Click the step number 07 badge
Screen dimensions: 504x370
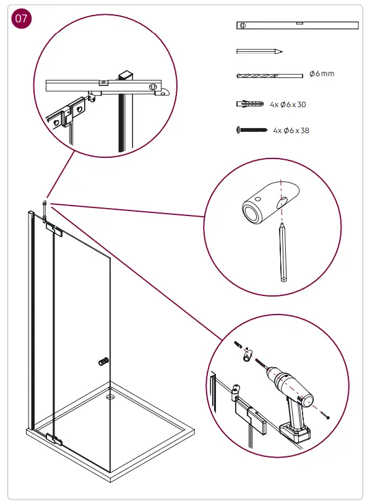(22, 19)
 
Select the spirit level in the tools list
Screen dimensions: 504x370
(297, 25)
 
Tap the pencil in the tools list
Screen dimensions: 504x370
(260, 51)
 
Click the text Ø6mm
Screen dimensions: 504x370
(321, 74)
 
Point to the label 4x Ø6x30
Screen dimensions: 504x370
(288, 105)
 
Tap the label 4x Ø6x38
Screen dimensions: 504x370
(291, 131)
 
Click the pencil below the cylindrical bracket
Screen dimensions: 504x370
(283, 254)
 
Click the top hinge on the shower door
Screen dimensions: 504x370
(54, 230)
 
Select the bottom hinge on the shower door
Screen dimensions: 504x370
(54, 441)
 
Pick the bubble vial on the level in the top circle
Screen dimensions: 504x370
(104, 81)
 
